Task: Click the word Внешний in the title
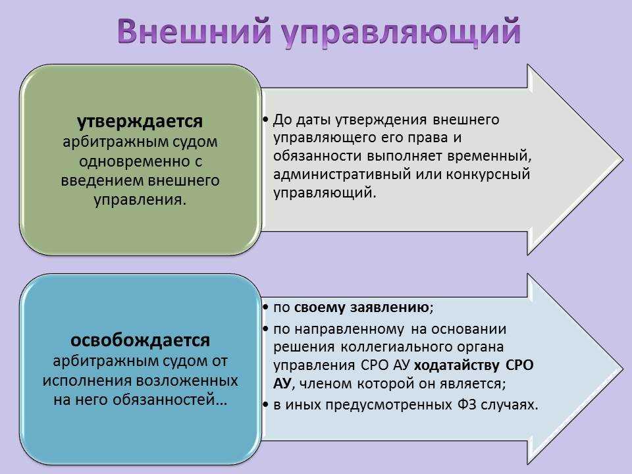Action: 194,31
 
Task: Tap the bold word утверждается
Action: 140,121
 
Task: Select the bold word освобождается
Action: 140,340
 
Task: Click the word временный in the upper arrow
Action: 489,156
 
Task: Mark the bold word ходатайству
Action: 457,365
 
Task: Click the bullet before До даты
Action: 265,120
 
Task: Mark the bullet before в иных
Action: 265,405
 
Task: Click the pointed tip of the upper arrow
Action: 622,159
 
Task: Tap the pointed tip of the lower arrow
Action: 622,369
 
